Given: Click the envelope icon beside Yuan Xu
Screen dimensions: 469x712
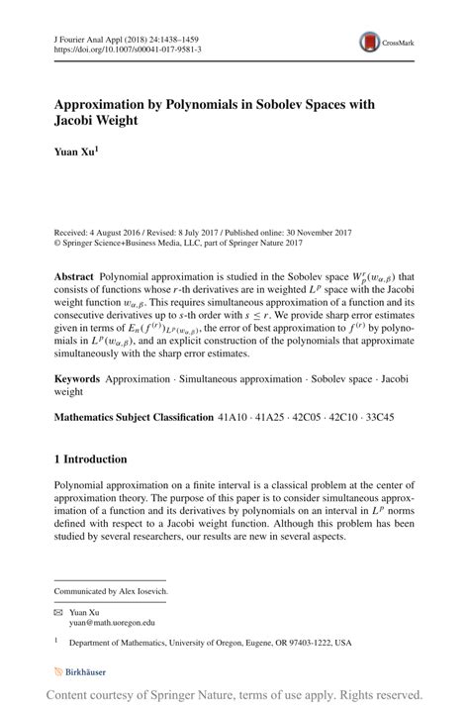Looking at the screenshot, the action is pos(57,612).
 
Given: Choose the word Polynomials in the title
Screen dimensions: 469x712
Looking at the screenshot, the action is pos(200,103).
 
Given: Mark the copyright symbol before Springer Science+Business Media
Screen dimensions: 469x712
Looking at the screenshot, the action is pos(57,241).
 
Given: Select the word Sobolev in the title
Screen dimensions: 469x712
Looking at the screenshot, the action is pos(296,103).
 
